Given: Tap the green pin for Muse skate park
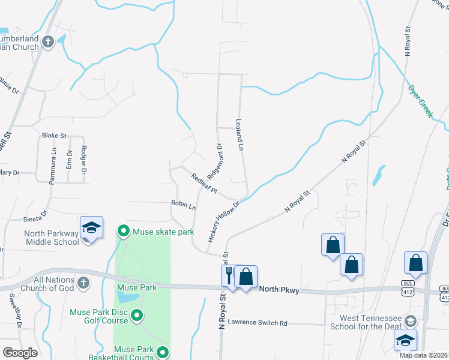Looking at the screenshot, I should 124,230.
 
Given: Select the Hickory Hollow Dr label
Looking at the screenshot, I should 224,221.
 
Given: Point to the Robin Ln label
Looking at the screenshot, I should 184,205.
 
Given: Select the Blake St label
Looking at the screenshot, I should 53,136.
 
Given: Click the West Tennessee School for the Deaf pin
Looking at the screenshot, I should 411,320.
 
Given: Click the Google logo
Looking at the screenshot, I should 20,353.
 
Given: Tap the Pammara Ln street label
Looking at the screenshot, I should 53,161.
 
